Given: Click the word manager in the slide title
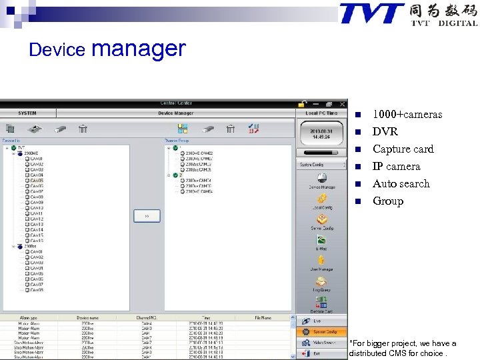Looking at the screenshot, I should [139, 48].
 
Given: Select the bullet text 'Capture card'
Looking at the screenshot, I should [403, 149].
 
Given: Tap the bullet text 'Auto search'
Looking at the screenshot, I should [401, 183].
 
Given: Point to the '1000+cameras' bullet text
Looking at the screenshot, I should [407, 114].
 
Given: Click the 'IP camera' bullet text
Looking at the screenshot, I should [396, 166].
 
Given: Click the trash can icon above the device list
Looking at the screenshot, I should [83, 129].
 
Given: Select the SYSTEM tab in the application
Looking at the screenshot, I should [27, 113].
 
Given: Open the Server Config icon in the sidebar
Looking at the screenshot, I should [321, 221].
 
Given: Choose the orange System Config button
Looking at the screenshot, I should [321, 331].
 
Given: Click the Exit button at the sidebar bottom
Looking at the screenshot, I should [321, 353].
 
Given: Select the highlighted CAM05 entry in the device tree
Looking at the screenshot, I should [37, 181].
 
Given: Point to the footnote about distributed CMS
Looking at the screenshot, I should [403, 348].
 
